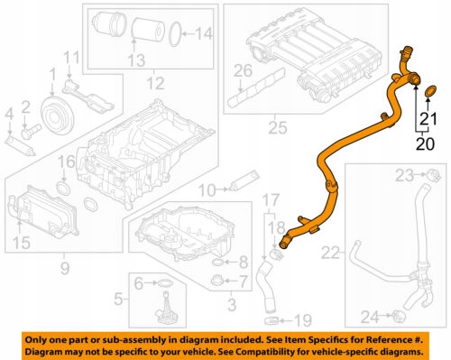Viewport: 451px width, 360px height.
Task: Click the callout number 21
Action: (x=428, y=119)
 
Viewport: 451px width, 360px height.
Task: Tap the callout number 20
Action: (x=425, y=143)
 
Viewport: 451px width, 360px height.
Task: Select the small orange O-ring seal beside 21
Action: (x=431, y=91)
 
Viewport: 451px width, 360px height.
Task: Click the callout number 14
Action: (x=204, y=34)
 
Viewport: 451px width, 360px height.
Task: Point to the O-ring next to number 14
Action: (x=175, y=35)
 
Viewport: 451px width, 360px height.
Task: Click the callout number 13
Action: (x=137, y=60)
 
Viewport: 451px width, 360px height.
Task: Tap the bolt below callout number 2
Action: (x=31, y=132)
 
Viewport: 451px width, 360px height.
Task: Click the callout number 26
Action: (x=243, y=71)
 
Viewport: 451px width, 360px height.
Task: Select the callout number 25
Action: (x=277, y=127)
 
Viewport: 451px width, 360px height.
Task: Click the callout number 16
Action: (x=66, y=162)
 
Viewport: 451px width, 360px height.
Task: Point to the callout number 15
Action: (x=22, y=242)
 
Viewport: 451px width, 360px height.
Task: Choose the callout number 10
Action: (x=207, y=190)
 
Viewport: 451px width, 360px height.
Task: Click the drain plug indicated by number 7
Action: (x=216, y=281)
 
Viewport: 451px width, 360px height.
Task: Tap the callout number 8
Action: (x=243, y=263)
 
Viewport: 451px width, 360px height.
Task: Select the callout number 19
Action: (x=302, y=321)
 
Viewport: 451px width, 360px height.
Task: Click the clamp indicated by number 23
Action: (x=434, y=174)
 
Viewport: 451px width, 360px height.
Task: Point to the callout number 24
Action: (x=370, y=317)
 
